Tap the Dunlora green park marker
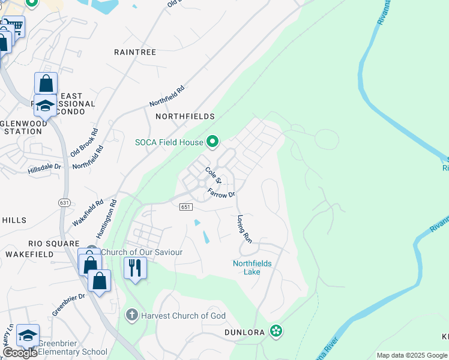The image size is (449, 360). click(276, 331)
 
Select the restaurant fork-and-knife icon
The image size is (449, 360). click(135, 267)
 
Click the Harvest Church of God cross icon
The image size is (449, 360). click(131, 315)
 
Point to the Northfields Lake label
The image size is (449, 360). click(252, 268)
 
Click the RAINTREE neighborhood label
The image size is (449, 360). click(135, 52)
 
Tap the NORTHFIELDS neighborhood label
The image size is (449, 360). click(185, 116)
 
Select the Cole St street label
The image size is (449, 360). click(214, 176)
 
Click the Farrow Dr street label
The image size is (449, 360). click(221, 194)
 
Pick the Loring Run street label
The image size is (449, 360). click(244, 229)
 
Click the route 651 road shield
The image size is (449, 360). click(185, 206)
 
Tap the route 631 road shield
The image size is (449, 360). click(64, 203)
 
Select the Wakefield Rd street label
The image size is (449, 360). click(88, 212)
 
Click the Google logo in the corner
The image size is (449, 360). click(20, 353)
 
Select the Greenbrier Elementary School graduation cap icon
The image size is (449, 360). click(28, 335)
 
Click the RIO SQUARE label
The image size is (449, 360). click(53, 244)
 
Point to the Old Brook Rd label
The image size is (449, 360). click(84, 143)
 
